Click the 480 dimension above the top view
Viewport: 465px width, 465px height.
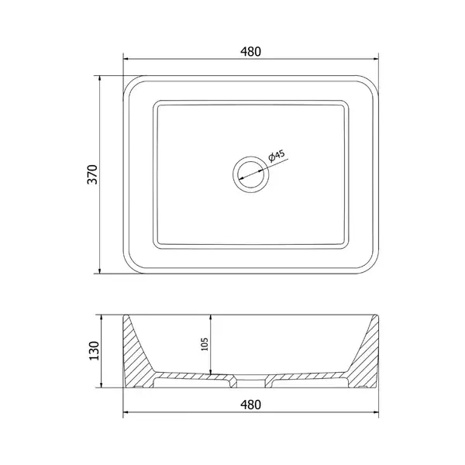(x=250, y=52)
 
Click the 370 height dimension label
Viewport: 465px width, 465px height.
(x=92, y=174)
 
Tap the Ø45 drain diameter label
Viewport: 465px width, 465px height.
(x=277, y=156)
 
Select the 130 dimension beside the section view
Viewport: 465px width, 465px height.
(x=94, y=351)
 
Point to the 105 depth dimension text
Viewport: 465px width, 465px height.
(x=205, y=344)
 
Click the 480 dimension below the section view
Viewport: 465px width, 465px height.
(x=250, y=405)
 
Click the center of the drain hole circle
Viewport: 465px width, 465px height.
(x=251, y=174)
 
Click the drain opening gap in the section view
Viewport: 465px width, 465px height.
(x=251, y=382)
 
